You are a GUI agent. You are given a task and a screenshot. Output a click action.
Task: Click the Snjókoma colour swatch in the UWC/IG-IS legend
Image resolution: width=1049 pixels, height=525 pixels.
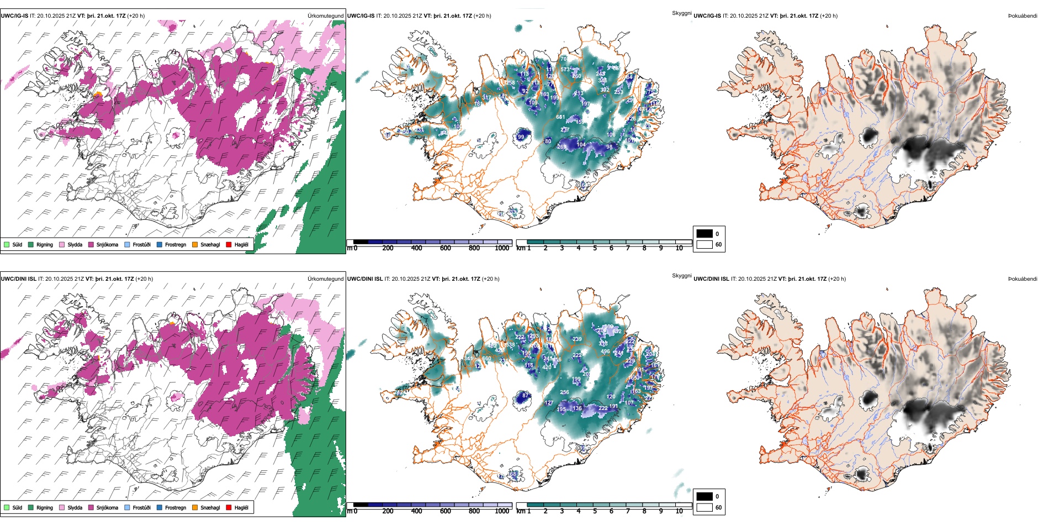pyautogui.click(x=91, y=244)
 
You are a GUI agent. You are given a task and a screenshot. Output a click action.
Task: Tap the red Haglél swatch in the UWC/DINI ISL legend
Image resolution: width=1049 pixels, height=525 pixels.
pyautogui.click(x=229, y=507)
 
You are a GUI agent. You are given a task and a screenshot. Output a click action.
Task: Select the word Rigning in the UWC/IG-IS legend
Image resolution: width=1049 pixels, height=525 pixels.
pyautogui.click(x=45, y=244)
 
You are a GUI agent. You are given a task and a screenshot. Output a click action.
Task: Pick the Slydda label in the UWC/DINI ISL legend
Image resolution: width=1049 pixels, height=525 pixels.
pyautogui.click(x=75, y=507)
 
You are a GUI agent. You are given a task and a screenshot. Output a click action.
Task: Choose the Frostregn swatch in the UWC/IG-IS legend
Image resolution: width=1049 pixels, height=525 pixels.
pyautogui.click(x=160, y=244)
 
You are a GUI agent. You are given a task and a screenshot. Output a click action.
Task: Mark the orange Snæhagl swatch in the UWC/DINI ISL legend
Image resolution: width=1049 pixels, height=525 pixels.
pyautogui.click(x=195, y=507)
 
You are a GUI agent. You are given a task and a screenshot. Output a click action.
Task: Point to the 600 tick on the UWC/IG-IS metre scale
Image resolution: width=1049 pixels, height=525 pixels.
pyautogui.click(x=446, y=248)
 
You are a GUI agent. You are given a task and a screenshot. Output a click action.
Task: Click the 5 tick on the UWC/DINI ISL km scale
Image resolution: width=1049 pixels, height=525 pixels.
pyautogui.click(x=595, y=511)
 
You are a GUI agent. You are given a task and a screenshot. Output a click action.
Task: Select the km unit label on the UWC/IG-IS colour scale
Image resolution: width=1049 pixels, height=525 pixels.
pyautogui.click(x=521, y=248)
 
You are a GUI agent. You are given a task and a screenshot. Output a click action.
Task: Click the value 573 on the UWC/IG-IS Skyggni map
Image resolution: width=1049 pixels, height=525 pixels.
pyautogui.click(x=565, y=70)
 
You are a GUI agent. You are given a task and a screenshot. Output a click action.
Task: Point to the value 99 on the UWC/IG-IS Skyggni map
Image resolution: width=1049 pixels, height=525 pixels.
pyautogui.click(x=521, y=137)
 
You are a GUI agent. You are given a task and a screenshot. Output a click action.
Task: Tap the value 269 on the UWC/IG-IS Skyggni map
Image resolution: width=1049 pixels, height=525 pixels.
pyautogui.click(x=561, y=147)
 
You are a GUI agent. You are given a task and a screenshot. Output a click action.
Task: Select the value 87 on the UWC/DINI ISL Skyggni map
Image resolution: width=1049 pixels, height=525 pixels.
pyautogui.click(x=526, y=396)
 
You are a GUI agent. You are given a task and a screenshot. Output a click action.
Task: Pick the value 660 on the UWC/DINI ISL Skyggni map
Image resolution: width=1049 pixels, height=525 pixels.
pyautogui.click(x=486, y=359)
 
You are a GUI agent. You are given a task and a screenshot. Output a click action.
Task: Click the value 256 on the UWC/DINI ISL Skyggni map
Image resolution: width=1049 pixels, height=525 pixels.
pyautogui.click(x=564, y=392)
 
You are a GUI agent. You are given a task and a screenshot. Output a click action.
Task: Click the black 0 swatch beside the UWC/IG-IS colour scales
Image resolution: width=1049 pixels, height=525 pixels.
pyautogui.click(x=704, y=234)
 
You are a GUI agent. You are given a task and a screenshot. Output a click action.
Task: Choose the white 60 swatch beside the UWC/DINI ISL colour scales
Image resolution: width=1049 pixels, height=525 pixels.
pyautogui.click(x=704, y=507)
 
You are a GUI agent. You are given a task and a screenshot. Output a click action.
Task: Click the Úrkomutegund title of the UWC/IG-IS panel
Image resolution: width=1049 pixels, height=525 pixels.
pyautogui.click(x=325, y=16)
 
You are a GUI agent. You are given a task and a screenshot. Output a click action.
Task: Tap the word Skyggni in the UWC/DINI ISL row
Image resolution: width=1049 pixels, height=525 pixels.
pyautogui.click(x=681, y=275)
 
